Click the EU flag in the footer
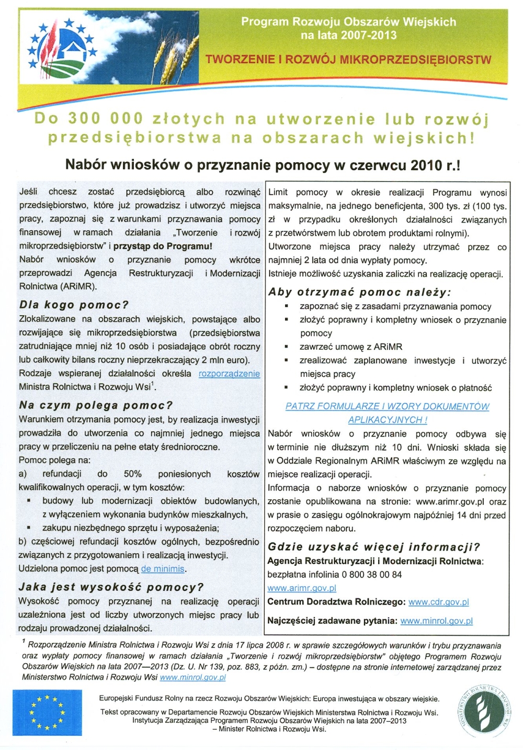pos(47,712)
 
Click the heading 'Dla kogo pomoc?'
pos(74,305)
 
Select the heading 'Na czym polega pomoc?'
pos(96,405)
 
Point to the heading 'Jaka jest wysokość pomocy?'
pos(111,587)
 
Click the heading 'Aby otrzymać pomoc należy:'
pos(359,292)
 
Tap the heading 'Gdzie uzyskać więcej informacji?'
pos(373,547)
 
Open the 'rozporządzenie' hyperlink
pos(229,374)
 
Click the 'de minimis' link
pos(163,569)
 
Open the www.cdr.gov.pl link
pos(438,602)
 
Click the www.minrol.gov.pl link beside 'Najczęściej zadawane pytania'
pos(436,621)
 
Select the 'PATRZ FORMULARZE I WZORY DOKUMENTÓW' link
pos(387,406)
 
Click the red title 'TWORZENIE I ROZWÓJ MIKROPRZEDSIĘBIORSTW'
pos(348,59)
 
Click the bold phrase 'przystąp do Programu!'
pos(163,246)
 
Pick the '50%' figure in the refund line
pos(133,474)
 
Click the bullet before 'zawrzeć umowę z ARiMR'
pos(286,347)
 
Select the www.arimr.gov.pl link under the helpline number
pos(302,588)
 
